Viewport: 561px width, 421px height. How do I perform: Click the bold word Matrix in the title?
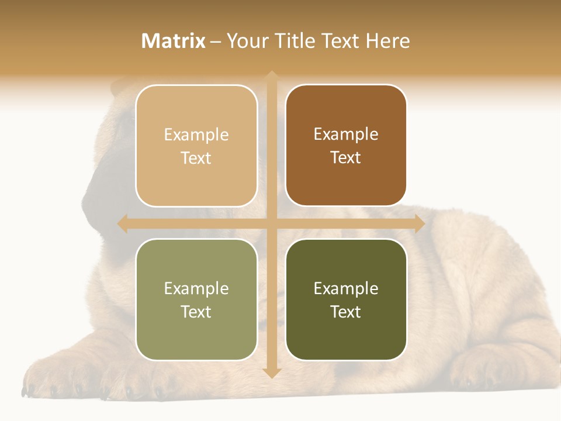(x=174, y=41)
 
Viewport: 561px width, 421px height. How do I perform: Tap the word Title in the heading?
(x=293, y=41)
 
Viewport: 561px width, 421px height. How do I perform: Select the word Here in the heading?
(x=387, y=41)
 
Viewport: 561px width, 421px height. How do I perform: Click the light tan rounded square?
(x=196, y=146)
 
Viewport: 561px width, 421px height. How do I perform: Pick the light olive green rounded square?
(x=196, y=299)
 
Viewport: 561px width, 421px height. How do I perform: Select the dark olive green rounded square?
(x=346, y=299)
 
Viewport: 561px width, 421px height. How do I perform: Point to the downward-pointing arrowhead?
(x=271, y=372)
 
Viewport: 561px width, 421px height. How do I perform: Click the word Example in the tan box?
(x=196, y=134)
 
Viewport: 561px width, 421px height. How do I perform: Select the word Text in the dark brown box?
(x=346, y=157)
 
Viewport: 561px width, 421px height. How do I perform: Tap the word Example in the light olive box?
(x=196, y=288)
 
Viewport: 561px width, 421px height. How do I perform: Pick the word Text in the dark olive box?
(x=346, y=312)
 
